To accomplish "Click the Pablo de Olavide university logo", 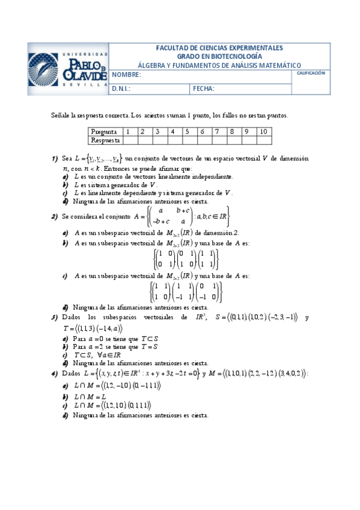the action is [68, 69].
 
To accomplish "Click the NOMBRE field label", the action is [126, 75].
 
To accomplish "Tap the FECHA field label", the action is [204, 88].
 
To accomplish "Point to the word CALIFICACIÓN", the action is [311, 73].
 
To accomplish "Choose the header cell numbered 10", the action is [263, 131].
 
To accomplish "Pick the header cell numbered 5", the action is [187, 131].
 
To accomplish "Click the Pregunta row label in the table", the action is [103, 131].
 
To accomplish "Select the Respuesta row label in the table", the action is [105, 140].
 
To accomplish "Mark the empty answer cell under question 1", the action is [128, 140].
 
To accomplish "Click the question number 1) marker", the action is [55, 159].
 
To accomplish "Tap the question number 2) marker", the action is [55, 217].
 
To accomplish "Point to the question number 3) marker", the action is [55, 317].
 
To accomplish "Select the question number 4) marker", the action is [55, 373].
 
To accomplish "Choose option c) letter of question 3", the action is [65, 355].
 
